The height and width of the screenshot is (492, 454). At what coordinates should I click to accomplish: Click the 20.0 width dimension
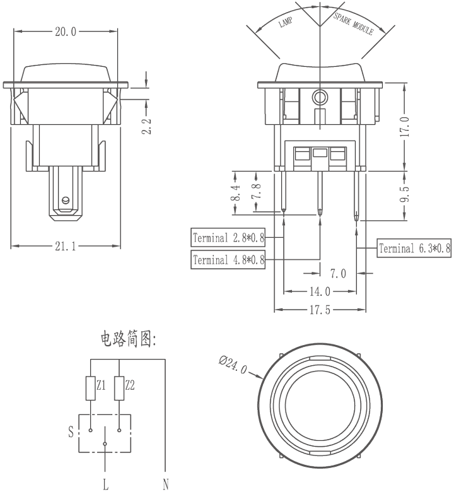coord(66,32)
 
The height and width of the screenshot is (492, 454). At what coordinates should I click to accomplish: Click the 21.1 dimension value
coord(66,246)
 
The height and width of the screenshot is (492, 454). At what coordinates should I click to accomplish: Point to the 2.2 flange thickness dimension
coord(146,126)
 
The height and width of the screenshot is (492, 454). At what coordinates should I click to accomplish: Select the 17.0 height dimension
coord(405,126)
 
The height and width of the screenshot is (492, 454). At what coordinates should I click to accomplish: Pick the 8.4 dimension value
coord(236,192)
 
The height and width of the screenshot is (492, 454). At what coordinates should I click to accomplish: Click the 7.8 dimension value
coord(257,190)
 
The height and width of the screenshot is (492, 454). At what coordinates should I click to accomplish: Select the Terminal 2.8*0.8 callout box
coord(228,238)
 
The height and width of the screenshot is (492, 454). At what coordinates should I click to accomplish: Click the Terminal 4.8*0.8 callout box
coord(228,259)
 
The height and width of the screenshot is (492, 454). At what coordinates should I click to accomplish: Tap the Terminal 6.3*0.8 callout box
coord(414,248)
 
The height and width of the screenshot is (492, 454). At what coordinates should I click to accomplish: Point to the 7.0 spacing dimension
coord(338,274)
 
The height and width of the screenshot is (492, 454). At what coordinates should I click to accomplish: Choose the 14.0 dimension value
coord(320,292)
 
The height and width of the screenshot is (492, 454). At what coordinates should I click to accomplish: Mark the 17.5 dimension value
coord(320,310)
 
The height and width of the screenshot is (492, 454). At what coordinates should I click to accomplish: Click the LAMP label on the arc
coord(286,22)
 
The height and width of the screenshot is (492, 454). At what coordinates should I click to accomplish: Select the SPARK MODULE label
coord(354,23)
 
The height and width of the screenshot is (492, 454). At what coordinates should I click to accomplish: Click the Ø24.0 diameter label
coord(233,365)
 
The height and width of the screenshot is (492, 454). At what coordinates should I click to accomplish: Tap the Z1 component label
coord(101,385)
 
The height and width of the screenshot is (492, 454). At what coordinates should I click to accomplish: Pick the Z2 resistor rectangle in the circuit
coord(119,389)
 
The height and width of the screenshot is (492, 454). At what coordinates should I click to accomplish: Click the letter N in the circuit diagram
coord(166,484)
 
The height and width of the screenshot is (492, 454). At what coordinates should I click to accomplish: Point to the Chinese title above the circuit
coord(129,339)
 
